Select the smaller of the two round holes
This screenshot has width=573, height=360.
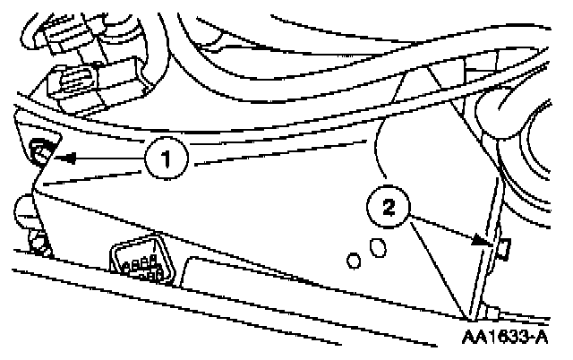point(355,261)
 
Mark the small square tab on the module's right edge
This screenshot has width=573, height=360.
point(502,246)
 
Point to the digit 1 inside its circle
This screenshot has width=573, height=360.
point(166,162)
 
